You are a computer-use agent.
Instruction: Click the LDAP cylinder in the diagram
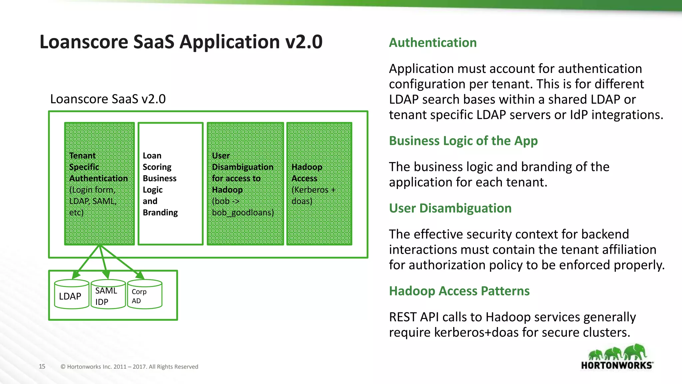[x=71, y=295]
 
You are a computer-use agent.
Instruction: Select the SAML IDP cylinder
[x=108, y=295]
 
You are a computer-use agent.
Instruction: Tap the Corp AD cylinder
[x=145, y=295]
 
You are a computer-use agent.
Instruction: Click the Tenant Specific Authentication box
[x=99, y=184]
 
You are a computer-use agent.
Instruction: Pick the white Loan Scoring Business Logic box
[x=170, y=184]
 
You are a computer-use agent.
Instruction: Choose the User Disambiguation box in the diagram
[x=245, y=184]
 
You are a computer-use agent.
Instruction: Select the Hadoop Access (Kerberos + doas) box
[x=319, y=184]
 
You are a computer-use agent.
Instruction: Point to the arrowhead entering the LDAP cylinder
[x=76, y=275]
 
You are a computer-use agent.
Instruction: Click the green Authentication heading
[x=433, y=43]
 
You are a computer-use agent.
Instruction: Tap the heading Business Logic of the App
[x=463, y=141]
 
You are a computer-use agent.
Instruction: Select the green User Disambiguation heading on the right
[x=450, y=208]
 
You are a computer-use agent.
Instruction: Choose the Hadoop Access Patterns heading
[x=459, y=291]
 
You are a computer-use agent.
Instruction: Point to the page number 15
[x=42, y=366]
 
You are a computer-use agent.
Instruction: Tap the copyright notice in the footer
[x=129, y=367]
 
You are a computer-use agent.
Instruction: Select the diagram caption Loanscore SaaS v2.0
[x=108, y=99]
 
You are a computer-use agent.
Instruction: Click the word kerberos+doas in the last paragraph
[x=478, y=332]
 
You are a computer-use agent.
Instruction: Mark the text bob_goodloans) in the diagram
[x=243, y=213]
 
